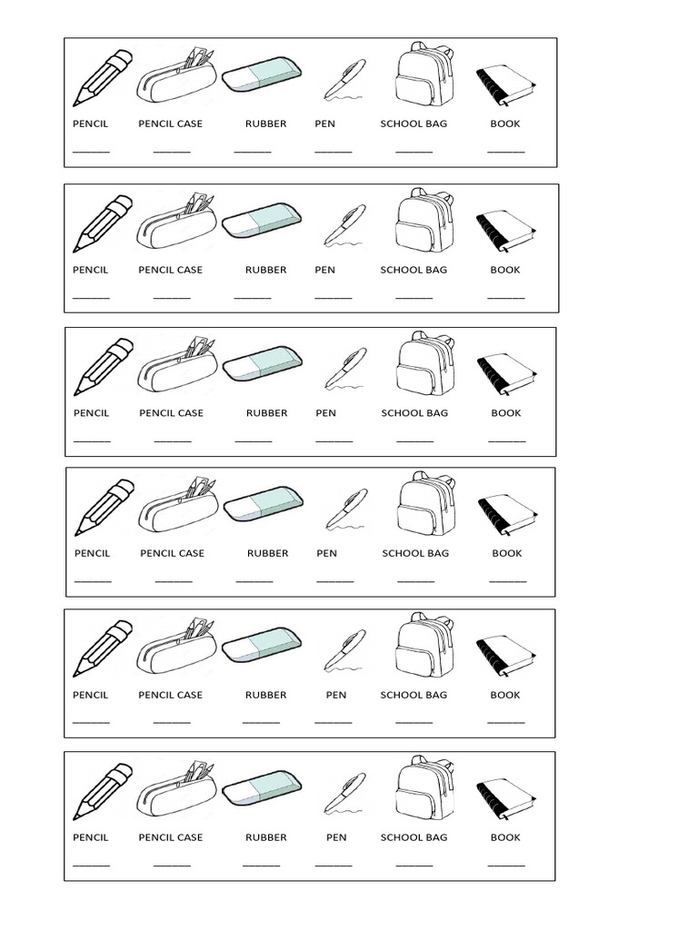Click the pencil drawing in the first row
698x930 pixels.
click(x=104, y=78)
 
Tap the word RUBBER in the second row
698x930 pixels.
click(x=265, y=270)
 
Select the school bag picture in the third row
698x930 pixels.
click(x=424, y=367)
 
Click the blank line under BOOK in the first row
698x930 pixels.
click(x=505, y=152)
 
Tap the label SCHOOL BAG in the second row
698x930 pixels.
click(x=414, y=270)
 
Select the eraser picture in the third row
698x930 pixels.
click(x=262, y=363)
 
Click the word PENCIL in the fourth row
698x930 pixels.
click(x=93, y=553)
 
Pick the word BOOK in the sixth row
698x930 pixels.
click(x=505, y=837)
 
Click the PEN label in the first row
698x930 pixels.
click(x=325, y=124)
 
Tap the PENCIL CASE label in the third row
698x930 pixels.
click(x=172, y=413)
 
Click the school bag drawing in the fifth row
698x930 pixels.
click(x=424, y=648)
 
